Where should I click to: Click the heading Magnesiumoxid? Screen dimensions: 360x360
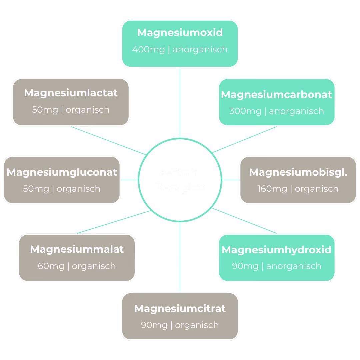point(180,33)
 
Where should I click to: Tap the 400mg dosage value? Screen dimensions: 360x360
point(149,50)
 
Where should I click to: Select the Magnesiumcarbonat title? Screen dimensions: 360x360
point(276,94)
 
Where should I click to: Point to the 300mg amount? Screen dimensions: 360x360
point(245,111)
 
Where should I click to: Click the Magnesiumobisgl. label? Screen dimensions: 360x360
point(298,172)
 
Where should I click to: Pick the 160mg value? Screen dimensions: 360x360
point(272,189)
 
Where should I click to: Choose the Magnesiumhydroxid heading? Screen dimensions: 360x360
point(276,250)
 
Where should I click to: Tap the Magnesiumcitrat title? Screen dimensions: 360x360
point(180,309)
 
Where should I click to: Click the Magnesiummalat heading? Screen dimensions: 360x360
point(77,249)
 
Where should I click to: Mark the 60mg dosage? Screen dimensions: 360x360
point(51,266)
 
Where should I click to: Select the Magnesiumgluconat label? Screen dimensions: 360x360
point(62,172)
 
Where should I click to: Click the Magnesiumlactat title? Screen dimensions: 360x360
point(71,93)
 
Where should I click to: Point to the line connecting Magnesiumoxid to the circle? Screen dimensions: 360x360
point(180,103)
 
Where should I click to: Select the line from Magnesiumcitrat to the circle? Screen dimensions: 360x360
point(180,257)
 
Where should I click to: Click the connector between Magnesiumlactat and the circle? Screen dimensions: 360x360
point(108,141)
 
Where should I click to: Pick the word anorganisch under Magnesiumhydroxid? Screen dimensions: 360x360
point(294,266)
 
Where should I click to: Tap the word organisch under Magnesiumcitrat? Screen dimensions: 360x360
point(197,325)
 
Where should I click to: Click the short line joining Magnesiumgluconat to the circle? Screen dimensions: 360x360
point(129,180)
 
